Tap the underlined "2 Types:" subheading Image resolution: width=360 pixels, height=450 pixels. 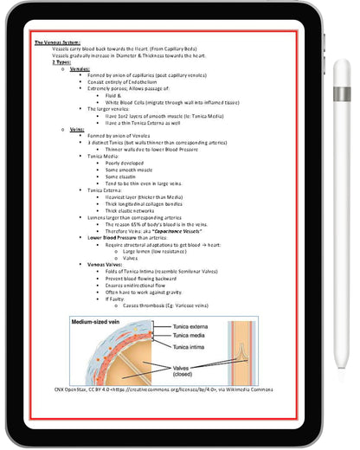coord(62,62)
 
